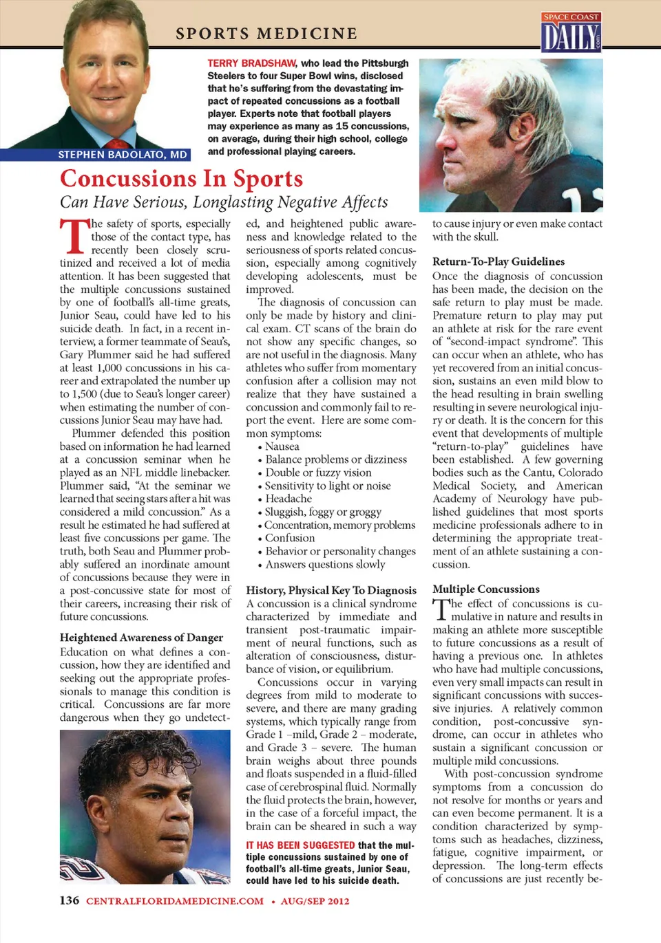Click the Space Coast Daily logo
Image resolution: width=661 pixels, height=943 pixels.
[x=571, y=32]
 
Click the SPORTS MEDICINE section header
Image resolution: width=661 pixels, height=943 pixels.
[x=266, y=34]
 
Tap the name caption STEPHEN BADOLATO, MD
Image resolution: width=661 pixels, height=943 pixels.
[x=123, y=155]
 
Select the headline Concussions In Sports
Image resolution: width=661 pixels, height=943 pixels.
[x=181, y=179]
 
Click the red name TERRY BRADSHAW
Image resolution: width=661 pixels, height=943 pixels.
[x=252, y=63]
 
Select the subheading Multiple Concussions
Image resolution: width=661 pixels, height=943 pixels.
[x=485, y=589]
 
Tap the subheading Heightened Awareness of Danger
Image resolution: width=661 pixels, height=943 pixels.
[x=141, y=638]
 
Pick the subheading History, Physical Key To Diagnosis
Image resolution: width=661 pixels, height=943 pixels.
[x=330, y=590]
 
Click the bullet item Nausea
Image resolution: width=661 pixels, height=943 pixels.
[x=282, y=446]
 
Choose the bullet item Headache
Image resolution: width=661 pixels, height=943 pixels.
[x=288, y=499]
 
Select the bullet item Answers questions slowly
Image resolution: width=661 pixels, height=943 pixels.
[x=325, y=564]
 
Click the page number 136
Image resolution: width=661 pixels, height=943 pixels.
[x=69, y=900]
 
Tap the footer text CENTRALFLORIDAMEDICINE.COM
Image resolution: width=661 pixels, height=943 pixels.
[x=174, y=901]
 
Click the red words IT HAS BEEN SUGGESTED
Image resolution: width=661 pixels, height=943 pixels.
[x=300, y=845]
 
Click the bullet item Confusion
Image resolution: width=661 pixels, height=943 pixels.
[x=289, y=538]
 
